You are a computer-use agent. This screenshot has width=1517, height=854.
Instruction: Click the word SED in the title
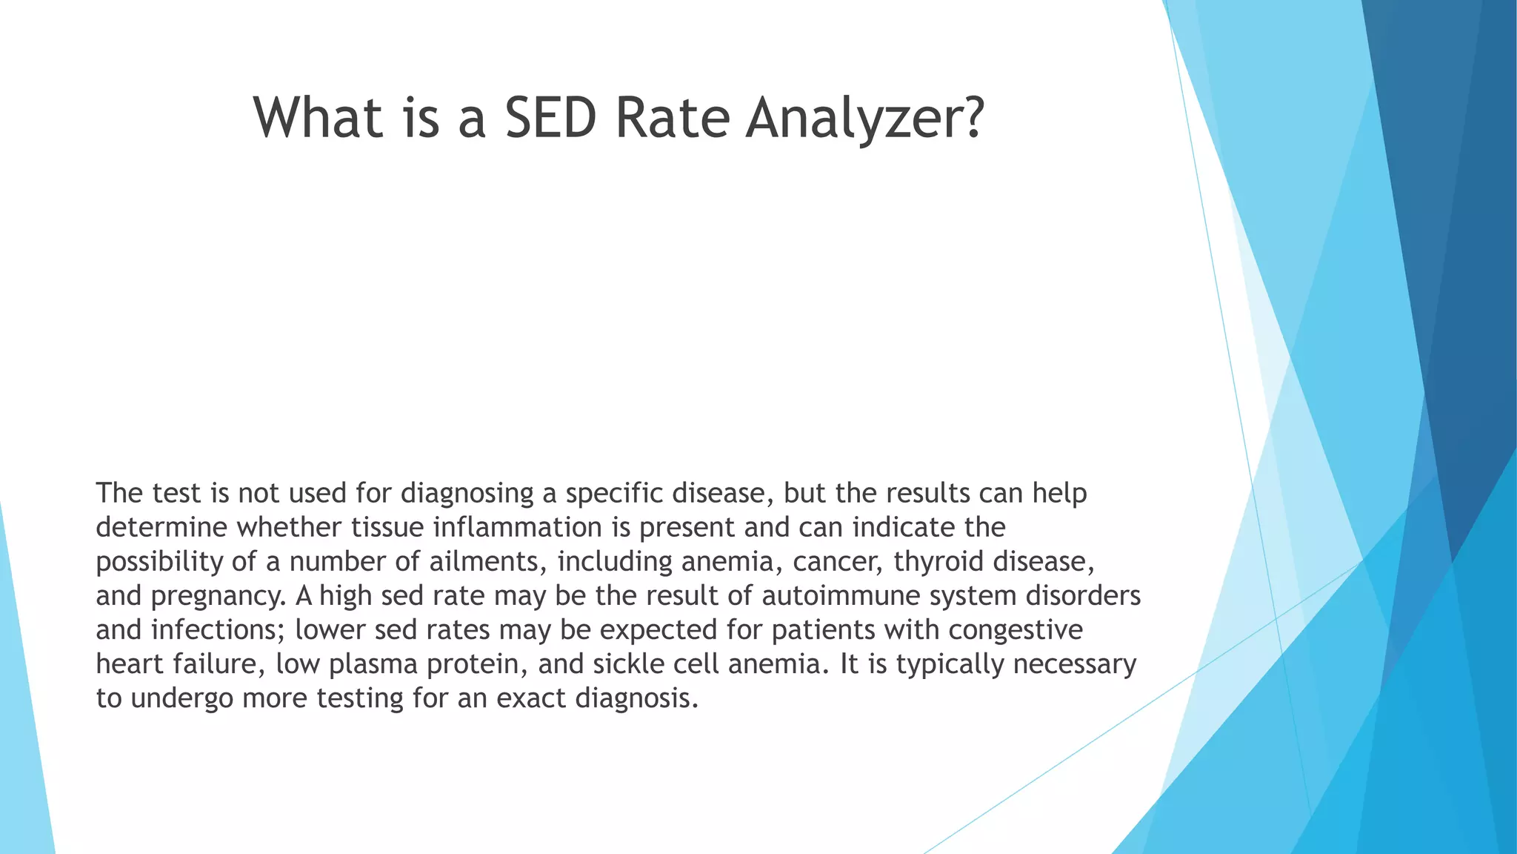pos(550,118)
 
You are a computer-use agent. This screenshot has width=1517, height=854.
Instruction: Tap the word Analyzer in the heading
pos(864,118)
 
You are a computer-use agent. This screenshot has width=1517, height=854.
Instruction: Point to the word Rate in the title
pos(673,118)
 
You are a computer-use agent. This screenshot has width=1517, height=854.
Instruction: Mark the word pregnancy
pos(217,596)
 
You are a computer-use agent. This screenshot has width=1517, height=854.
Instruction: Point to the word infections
pos(218,630)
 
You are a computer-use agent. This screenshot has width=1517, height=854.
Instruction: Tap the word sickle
pos(627,664)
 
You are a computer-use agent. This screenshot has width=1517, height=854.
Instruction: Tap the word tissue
pos(387,528)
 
